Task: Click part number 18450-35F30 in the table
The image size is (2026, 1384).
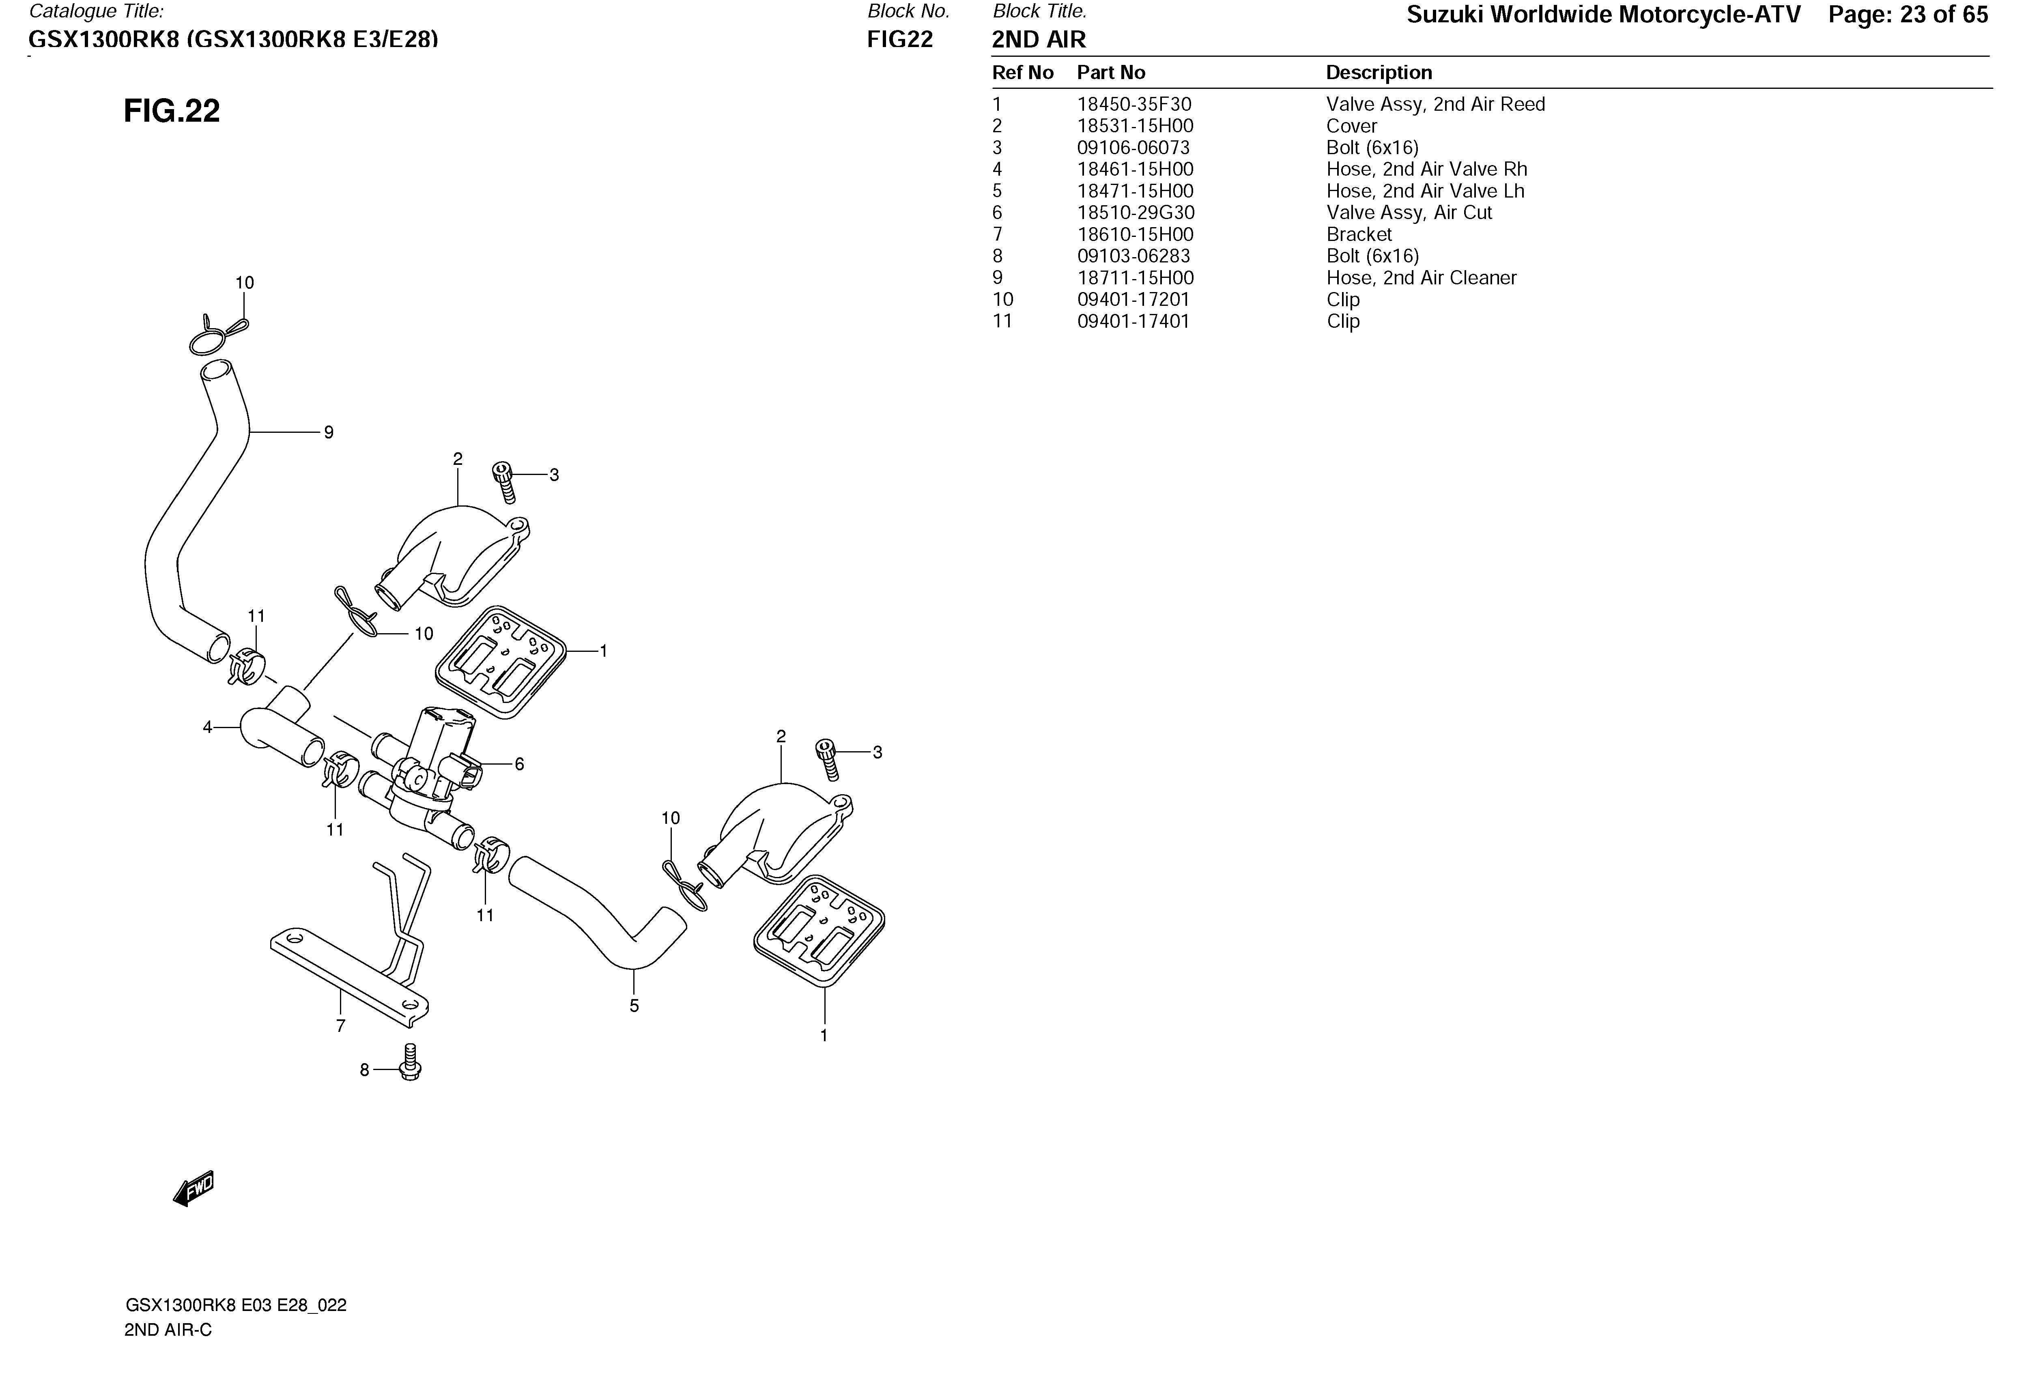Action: pyautogui.click(x=1134, y=105)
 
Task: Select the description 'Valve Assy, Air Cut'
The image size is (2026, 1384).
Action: pyautogui.click(x=1409, y=213)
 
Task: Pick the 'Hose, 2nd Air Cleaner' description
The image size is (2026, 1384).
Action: pyautogui.click(x=1421, y=278)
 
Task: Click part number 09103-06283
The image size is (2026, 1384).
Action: pyautogui.click(x=1133, y=256)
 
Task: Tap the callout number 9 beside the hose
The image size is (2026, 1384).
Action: pyautogui.click(x=329, y=432)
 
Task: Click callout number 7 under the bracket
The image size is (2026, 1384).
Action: pyautogui.click(x=341, y=1026)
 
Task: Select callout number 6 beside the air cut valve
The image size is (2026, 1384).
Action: pyautogui.click(x=520, y=764)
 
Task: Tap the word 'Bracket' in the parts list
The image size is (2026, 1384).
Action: pyautogui.click(x=1359, y=234)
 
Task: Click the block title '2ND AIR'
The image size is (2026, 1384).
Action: pyautogui.click(x=1039, y=40)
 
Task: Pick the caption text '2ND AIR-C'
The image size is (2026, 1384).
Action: pyautogui.click(x=168, y=1330)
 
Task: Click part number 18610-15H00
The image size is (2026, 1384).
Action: pyautogui.click(x=1135, y=234)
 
